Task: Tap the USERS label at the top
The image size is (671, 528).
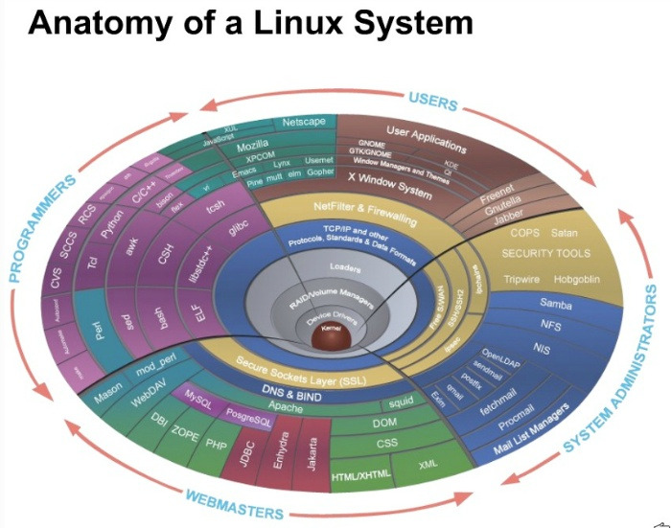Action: tap(432, 100)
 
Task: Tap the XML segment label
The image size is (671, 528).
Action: tap(428, 465)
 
